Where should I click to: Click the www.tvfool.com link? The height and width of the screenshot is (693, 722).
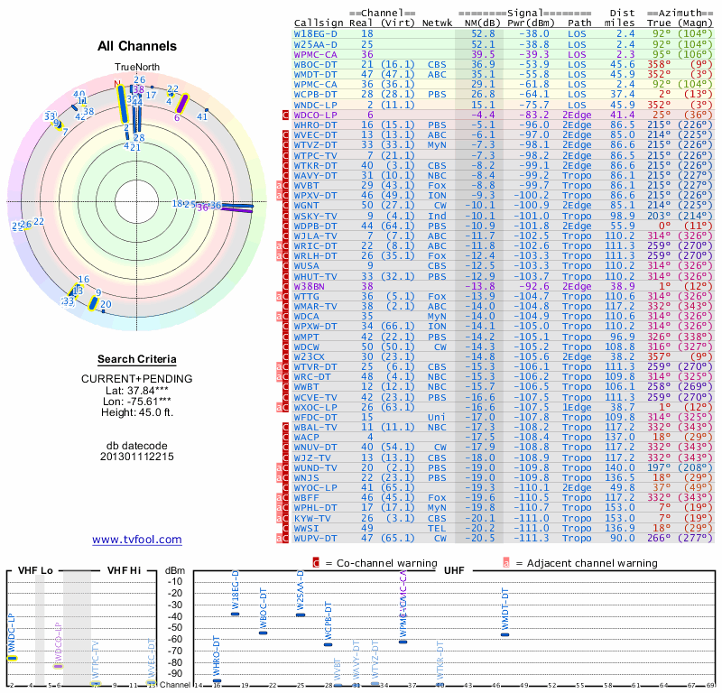[x=137, y=540]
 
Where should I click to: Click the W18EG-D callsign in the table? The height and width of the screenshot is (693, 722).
[x=316, y=32]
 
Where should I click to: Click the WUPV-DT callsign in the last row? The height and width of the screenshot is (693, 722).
[x=316, y=539]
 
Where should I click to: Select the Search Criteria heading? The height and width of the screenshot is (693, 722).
[x=136, y=359]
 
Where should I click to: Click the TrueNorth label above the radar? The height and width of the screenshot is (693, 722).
[x=136, y=68]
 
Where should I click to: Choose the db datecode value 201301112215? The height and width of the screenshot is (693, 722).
[x=136, y=457]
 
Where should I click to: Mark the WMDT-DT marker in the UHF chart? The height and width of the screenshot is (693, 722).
[x=504, y=634]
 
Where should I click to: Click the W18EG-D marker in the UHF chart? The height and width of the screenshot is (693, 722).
[x=236, y=614]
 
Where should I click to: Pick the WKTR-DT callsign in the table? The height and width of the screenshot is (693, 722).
[x=316, y=166]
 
